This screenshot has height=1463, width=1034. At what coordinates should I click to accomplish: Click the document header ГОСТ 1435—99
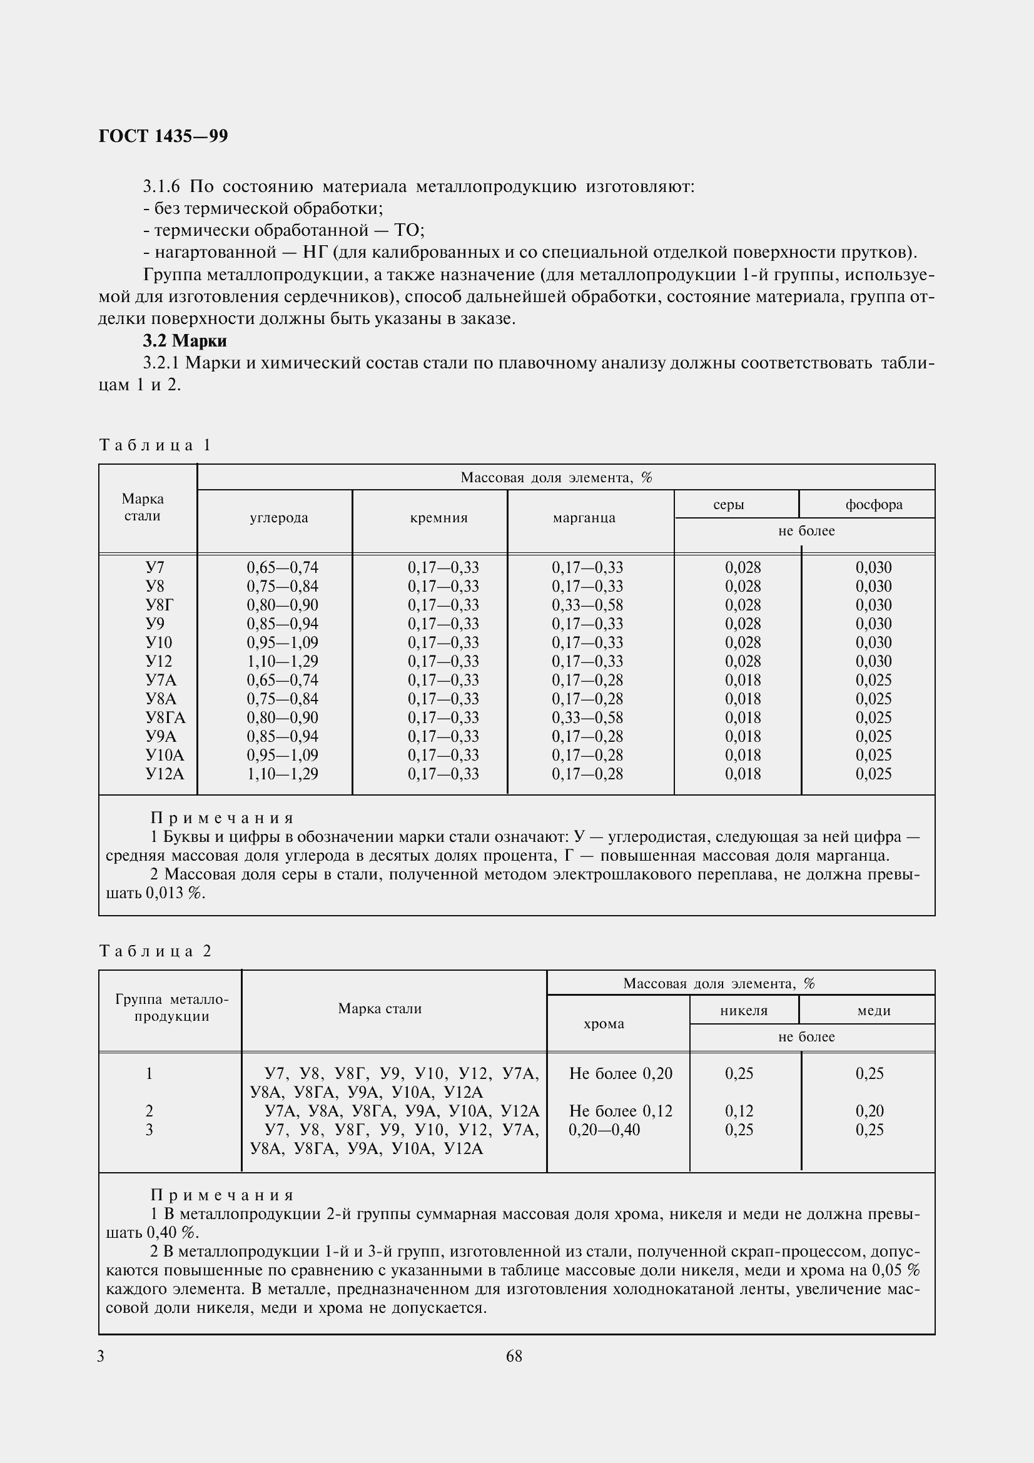pos(163,136)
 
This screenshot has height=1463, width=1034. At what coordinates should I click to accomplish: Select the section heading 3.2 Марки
pos(185,341)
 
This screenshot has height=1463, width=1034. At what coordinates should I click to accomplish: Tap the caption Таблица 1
pos(155,445)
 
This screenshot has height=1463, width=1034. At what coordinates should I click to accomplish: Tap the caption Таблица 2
pos(155,951)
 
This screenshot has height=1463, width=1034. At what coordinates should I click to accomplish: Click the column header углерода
pos(278,517)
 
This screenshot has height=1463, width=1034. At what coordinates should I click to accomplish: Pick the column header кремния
pos(438,517)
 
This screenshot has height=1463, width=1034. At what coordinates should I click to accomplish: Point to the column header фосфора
pos(873,505)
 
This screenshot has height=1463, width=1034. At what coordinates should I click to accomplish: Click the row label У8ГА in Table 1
pos(165,717)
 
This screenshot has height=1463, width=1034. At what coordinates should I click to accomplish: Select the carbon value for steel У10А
pos(282,755)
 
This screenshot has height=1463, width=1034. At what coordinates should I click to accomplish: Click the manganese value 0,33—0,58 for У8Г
pos(587,605)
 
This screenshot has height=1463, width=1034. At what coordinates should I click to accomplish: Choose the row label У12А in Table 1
pos(165,774)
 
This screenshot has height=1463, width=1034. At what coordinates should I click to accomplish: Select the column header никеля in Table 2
pos(744,1010)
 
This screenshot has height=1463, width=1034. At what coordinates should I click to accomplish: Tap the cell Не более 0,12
pos(621,1111)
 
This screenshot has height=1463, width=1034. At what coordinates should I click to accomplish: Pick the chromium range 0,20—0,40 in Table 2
pos(604,1130)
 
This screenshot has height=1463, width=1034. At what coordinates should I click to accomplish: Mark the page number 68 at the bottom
pos(514,1357)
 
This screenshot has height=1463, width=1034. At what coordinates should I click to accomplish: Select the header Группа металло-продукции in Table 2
pos(171,1008)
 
